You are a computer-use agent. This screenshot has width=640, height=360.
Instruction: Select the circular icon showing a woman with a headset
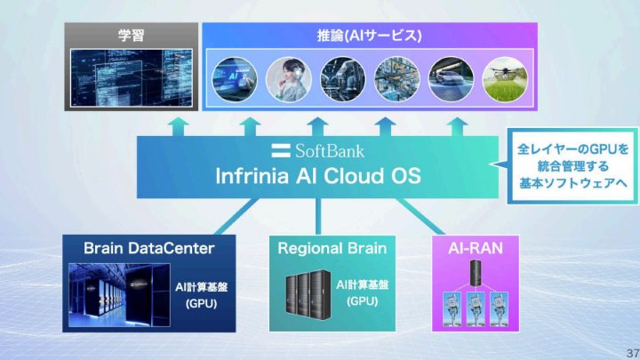286,76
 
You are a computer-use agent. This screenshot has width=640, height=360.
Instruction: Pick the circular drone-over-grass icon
503,76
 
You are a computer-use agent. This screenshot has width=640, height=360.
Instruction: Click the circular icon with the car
449,76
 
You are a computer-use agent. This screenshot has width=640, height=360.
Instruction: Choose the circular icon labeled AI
232,76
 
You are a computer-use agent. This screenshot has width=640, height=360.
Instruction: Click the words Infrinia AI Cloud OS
318,175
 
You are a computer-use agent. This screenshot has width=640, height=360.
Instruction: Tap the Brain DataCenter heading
149,247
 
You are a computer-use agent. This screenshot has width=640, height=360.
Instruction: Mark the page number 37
631,351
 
